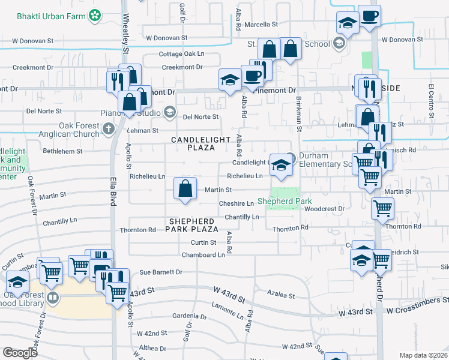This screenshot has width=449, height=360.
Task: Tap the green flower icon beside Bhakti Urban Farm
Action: pyautogui.click(x=95, y=14)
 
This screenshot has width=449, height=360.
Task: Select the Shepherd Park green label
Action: pyautogui.click(x=279, y=201)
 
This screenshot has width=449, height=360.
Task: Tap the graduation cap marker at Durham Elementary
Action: pyautogui.click(x=280, y=165)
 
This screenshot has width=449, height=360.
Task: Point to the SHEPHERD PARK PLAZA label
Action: pyautogui.click(x=192, y=226)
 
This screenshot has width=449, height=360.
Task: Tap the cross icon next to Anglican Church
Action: pyautogui.click(x=108, y=128)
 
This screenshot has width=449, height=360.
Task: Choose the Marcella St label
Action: pyautogui.click(x=261, y=25)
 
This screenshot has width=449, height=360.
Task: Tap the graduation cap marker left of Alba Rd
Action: pyautogui.click(x=230, y=80)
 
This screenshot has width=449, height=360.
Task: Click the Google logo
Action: pyautogui.click(x=20, y=352)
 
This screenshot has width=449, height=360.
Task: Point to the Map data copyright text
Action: pyautogui.click(x=424, y=355)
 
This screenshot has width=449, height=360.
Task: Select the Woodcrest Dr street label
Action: pyautogui.click(x=323, y=209)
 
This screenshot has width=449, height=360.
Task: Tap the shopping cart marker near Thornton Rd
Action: pyautogui.click(x=382, y=209)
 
